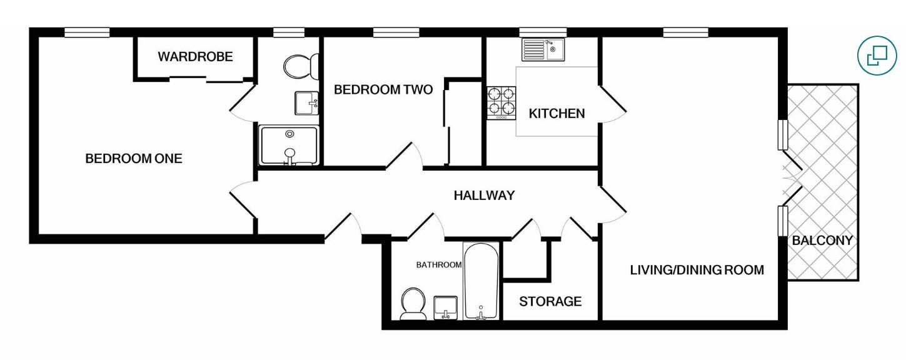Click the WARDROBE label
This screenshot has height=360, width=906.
pos(195,57)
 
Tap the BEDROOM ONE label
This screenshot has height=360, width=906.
pos(134,159)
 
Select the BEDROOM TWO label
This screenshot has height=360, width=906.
pos(383,90)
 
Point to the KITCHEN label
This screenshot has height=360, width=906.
pos(556,114)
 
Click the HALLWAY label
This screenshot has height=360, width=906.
pos(484,196)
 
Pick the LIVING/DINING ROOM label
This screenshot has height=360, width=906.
pos(697,271)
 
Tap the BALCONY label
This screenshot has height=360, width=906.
pos(822,241)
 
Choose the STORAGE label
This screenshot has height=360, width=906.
pos(550,302)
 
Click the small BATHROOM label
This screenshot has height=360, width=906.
pos(439,265)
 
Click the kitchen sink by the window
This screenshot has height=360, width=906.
pos(543,49)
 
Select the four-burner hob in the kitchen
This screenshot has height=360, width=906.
pos(501,103)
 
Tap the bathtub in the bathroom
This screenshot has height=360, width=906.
pos(481,281)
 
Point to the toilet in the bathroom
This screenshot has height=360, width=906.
pos(413,304)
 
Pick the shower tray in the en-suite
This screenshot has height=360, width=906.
pos(289,146)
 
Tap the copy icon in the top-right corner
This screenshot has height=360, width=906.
pos(877,55)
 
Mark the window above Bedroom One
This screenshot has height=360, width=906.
pos(87,32)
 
